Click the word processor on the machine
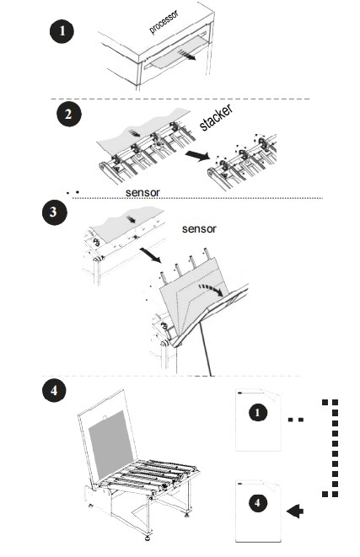coord(164,22)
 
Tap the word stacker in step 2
coord(215,117)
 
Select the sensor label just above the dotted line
coord(142,192)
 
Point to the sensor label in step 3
coord(199,228)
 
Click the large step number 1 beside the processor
coord(62,31)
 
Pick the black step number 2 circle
coord(69,115)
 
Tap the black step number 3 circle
coord(54,212)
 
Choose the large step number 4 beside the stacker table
coord(54,390)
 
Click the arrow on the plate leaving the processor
coord(187,54)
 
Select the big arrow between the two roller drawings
coord(198,156)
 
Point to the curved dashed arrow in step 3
coord(211,289)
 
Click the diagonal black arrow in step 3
coord(151,255)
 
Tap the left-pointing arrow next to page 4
coord(294,511)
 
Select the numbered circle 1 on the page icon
coord(258,413)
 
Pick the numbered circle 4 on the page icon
coord(258,503)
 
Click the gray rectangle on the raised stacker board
coord(111,445)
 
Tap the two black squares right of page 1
coord(296,420)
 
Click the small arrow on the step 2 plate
coord(134,133)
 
